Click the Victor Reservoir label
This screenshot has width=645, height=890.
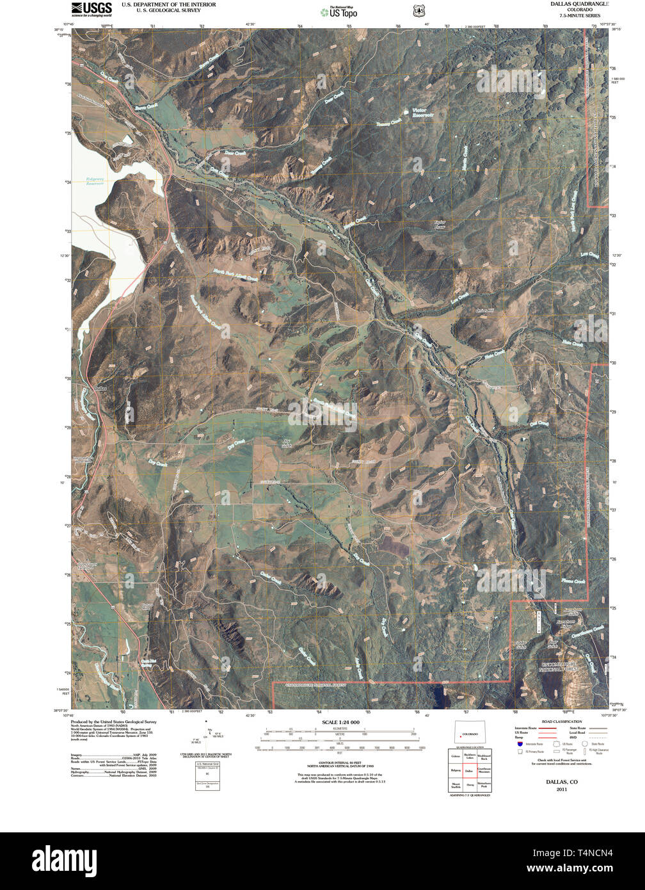pos(422,113)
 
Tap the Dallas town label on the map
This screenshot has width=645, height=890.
pos(99,389)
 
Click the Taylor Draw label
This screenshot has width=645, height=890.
pos(440,225)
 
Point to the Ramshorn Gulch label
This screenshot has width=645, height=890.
pos(571,611)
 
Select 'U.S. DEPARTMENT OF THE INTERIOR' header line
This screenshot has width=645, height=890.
pos(168,4)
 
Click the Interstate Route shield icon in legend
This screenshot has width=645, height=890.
pos(520,743)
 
